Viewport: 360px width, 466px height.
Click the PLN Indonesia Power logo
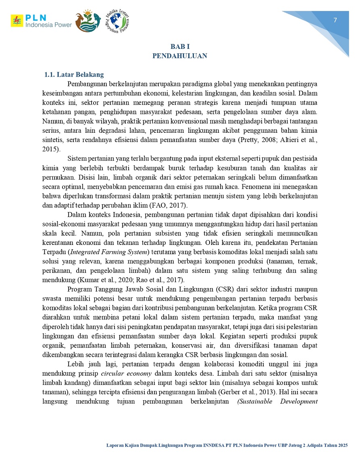point(41,21)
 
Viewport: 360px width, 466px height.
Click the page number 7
point(335,21)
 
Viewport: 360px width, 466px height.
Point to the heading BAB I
point(180,47)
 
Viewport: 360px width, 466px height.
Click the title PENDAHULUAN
point(180,56)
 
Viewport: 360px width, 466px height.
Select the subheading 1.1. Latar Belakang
point(74,75)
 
